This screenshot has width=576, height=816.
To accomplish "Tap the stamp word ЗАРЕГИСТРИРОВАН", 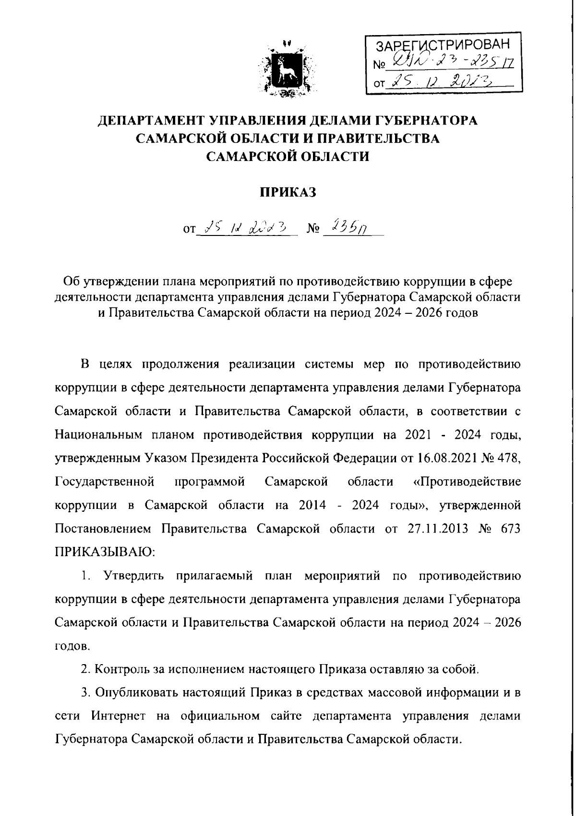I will coord(442,46).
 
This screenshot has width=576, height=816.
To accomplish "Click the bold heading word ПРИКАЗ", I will coord(288,192).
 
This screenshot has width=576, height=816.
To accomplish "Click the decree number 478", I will coord(510,458).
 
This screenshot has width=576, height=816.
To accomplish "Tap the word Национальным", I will coord(99,435).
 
